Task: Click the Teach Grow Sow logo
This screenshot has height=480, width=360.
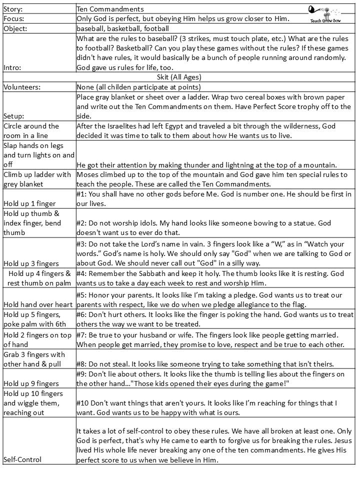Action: click(x=325, y=13)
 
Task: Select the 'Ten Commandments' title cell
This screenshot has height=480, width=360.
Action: click(x=110, y=9)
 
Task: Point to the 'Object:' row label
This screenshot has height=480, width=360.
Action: click(x=15, y=28)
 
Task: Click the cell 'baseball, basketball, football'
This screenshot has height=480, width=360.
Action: click(x=122, y=28)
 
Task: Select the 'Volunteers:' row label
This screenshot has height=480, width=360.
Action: click(x=22, y=86)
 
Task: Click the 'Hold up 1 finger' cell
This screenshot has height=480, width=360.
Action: click(x=29, y=203)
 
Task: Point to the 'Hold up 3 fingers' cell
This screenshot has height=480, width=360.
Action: click(x=30, y=263)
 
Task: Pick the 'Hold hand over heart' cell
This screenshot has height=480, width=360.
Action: click(x=36, y=304)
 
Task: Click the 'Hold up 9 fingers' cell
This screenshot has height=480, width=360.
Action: click(x=30, y=383)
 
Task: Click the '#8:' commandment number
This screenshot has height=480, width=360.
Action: click(x=83, y=364)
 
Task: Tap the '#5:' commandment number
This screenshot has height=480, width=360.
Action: click(x=83, y=294)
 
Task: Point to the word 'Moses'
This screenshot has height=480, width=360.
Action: click(x=88, y=174)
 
